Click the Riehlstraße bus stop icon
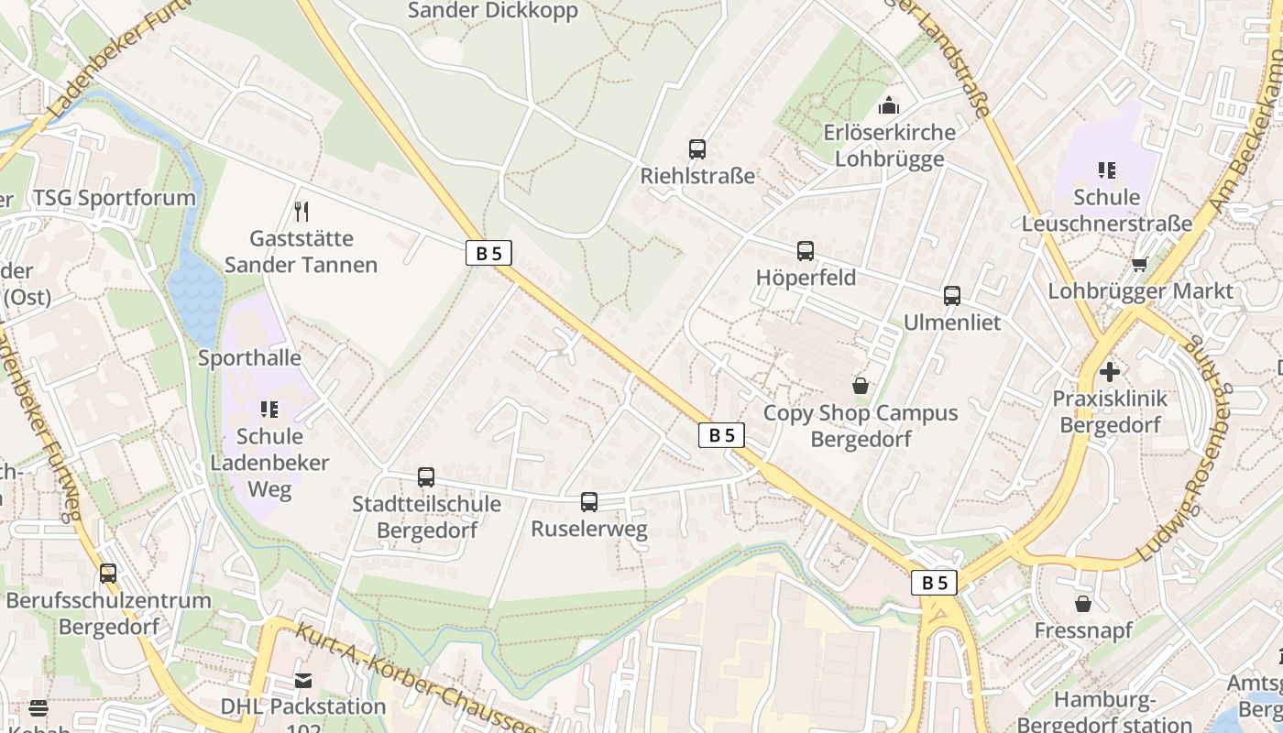[697, 148]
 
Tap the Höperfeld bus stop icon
[806, 250]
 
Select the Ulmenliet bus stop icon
[952, 295]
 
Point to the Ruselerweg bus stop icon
[589, 501]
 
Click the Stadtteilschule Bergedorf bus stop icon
[426, 476]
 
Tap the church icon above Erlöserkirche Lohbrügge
[888, 105]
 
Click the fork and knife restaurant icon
[301, 212]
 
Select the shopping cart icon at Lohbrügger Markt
[1139, 264]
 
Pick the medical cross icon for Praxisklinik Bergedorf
[1110, 371]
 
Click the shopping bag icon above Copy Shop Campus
[860, 386]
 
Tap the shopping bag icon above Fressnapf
[1083, 603]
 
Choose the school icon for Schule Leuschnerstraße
[1107, 170]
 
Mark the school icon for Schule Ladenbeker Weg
[269, 409]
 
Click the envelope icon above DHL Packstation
[303, 680]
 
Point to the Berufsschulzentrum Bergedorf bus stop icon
[108, 574]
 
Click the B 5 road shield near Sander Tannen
[488, 253]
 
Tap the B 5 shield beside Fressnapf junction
[934, 582]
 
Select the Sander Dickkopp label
[493, 11]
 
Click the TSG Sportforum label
[115, 198]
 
